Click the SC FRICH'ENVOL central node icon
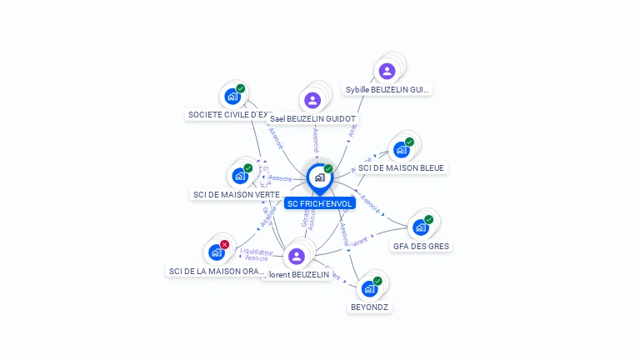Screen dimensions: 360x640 (319, 177)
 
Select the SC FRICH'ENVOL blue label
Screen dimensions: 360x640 (320, 203)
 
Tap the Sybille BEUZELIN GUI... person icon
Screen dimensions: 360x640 (387, 71)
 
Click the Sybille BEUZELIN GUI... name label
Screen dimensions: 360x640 (388, 89)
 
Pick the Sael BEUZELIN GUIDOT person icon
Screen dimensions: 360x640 (312, 100)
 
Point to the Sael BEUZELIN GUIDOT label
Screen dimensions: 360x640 (312, 119)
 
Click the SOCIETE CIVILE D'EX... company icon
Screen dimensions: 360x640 (232, 96)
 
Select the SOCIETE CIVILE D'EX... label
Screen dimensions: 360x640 (229, 114)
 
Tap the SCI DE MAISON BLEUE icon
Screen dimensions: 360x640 (402, 149)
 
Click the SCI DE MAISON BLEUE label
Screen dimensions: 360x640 (401, 167)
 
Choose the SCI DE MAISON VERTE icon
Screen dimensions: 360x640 (240, 176)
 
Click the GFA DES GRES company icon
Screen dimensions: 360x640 (421, 227)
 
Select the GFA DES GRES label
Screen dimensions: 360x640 (421, 246)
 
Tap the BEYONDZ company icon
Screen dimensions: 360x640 (369, 288)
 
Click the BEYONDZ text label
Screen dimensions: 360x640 (369, 307)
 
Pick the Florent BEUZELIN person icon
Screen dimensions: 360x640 (296, 256)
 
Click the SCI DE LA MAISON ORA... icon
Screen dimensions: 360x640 (217, 252)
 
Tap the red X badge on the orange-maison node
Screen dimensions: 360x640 (224, 244)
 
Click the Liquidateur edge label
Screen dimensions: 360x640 (256, 251)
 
